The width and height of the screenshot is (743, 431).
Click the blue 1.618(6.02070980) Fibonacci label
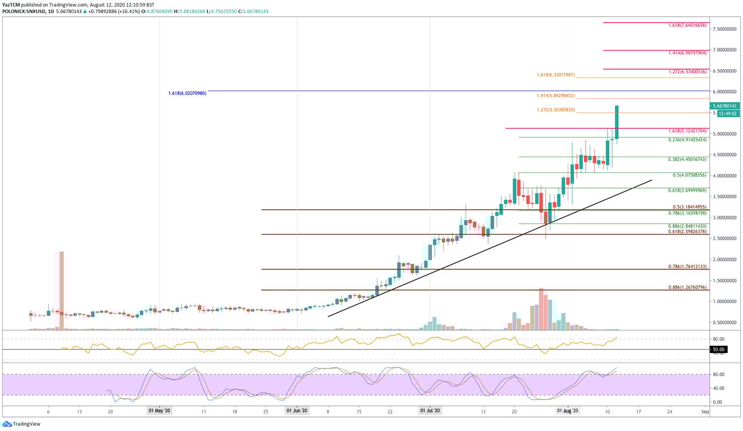(x=187, y=93)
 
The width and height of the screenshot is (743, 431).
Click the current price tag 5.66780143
(x=725, y=106)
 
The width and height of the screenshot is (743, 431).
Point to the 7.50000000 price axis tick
(x=724, y=29)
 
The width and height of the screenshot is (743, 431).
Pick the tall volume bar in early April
(x=61, y=291)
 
